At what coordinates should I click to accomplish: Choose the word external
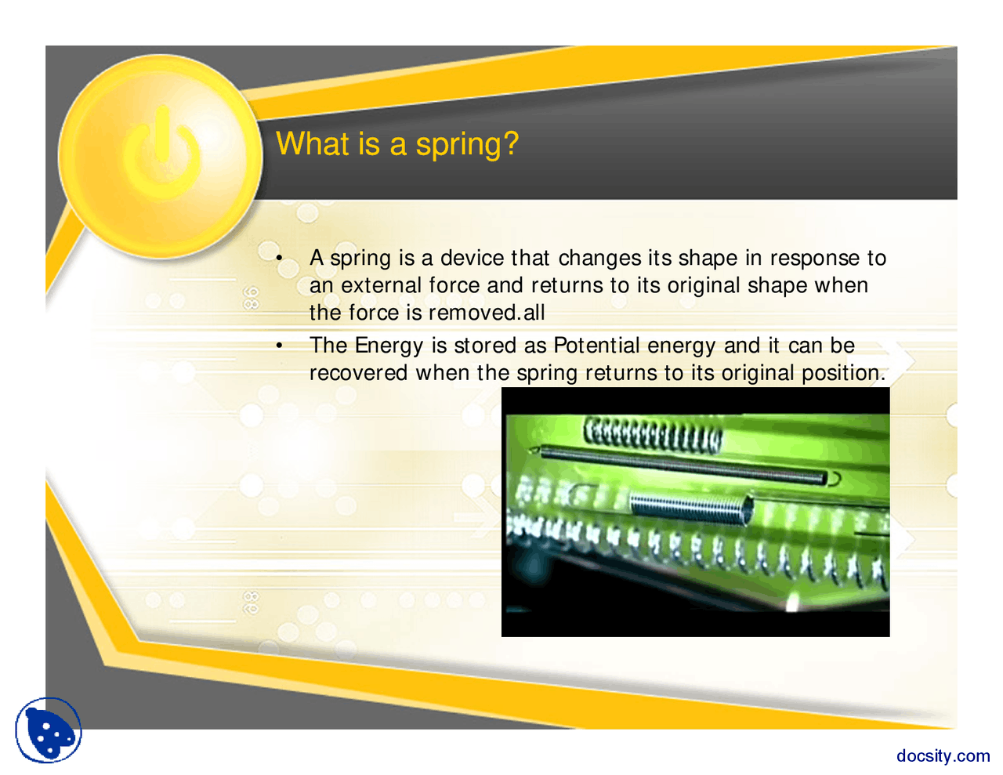tap(382, 285)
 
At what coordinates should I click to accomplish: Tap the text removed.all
tap(487, 313)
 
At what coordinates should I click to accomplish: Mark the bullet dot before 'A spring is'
tap(279, 259)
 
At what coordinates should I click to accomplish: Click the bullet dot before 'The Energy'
tap(279, 346)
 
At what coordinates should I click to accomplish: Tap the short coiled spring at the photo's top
tap(653, 433)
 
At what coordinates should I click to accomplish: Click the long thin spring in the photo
tap(682, 464)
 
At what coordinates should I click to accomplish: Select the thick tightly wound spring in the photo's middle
tap(690, 507)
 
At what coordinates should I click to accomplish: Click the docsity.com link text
tap(943, 755)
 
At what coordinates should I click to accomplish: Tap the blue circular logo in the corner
tap(49, 730)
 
